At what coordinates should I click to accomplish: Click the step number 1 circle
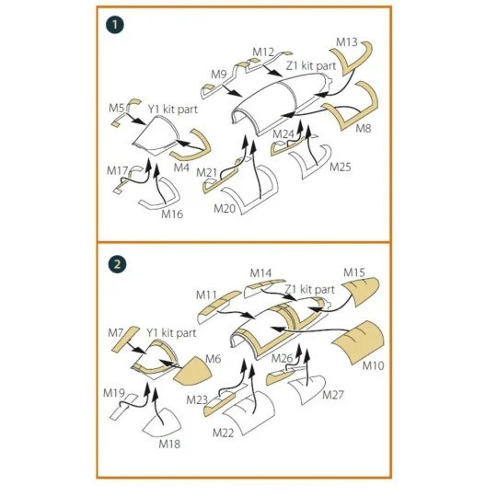[x=115, y=25]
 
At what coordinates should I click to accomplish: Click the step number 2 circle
[x=117, y=264]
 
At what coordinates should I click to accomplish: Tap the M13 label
[x=347, y=42]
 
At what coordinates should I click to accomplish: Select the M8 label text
[x=364, y=128]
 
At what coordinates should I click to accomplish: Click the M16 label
[x=172, y=214]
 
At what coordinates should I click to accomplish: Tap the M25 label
[x=341, y=167]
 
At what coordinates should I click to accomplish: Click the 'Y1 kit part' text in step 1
[x=173, y=110]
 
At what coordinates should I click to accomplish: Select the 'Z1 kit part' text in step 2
[x=309, y=289]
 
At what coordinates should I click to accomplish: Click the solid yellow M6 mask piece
[x=192, y=370]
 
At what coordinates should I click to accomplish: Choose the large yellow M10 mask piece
[x=359, y=342]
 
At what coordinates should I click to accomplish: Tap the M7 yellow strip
[x=125, y=340]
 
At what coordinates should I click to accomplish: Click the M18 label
[x=169, y=444]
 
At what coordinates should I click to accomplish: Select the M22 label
[x=223, y=433]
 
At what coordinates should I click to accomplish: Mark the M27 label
[x=333, y=395]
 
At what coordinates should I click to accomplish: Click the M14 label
[x=260, y=273]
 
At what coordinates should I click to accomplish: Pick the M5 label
[x=116, y=108]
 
